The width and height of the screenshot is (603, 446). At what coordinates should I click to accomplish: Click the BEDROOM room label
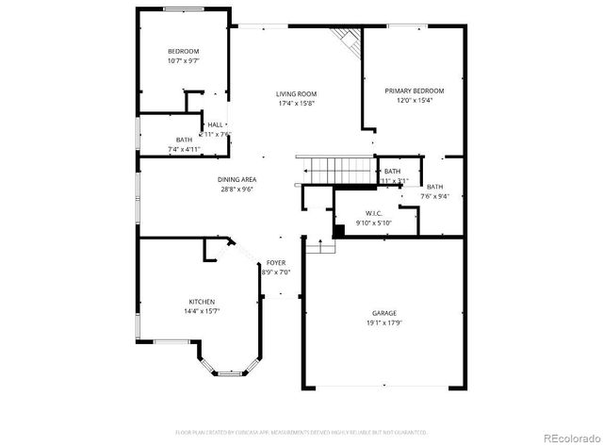tap(184, 51)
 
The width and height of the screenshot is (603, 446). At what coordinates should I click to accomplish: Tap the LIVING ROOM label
tap(296, 93)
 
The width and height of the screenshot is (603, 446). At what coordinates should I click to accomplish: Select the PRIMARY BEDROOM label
tap(414, 91)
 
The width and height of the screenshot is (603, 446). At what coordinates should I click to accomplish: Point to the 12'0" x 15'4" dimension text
tap(414, 101)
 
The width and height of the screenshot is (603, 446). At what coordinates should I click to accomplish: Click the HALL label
tap(216, 124)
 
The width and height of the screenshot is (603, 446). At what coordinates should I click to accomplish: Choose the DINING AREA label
tap(237, 179)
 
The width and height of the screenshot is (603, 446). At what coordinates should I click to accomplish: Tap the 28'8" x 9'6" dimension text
tap(237, 190)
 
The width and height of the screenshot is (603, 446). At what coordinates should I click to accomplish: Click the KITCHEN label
tap(201, 302)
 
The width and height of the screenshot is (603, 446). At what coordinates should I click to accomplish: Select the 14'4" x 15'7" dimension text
tap(201, 312)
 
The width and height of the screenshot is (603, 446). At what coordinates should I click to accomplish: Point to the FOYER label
tap(275, 262)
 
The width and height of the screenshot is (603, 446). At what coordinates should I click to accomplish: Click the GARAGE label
tap(383, 313)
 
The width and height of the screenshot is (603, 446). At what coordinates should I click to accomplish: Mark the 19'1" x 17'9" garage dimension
tap(383, 323)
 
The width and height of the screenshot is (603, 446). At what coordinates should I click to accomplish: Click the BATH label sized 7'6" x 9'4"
tap(434, 187)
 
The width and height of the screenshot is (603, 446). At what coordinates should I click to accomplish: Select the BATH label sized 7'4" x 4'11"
tap(183, 140)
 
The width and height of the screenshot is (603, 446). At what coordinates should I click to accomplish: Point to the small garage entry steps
tap(321, 246)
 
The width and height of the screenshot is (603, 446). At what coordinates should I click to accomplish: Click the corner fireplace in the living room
tap(347, 40)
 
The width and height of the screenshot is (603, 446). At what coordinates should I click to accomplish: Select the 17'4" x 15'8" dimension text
tap(296, 104)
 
